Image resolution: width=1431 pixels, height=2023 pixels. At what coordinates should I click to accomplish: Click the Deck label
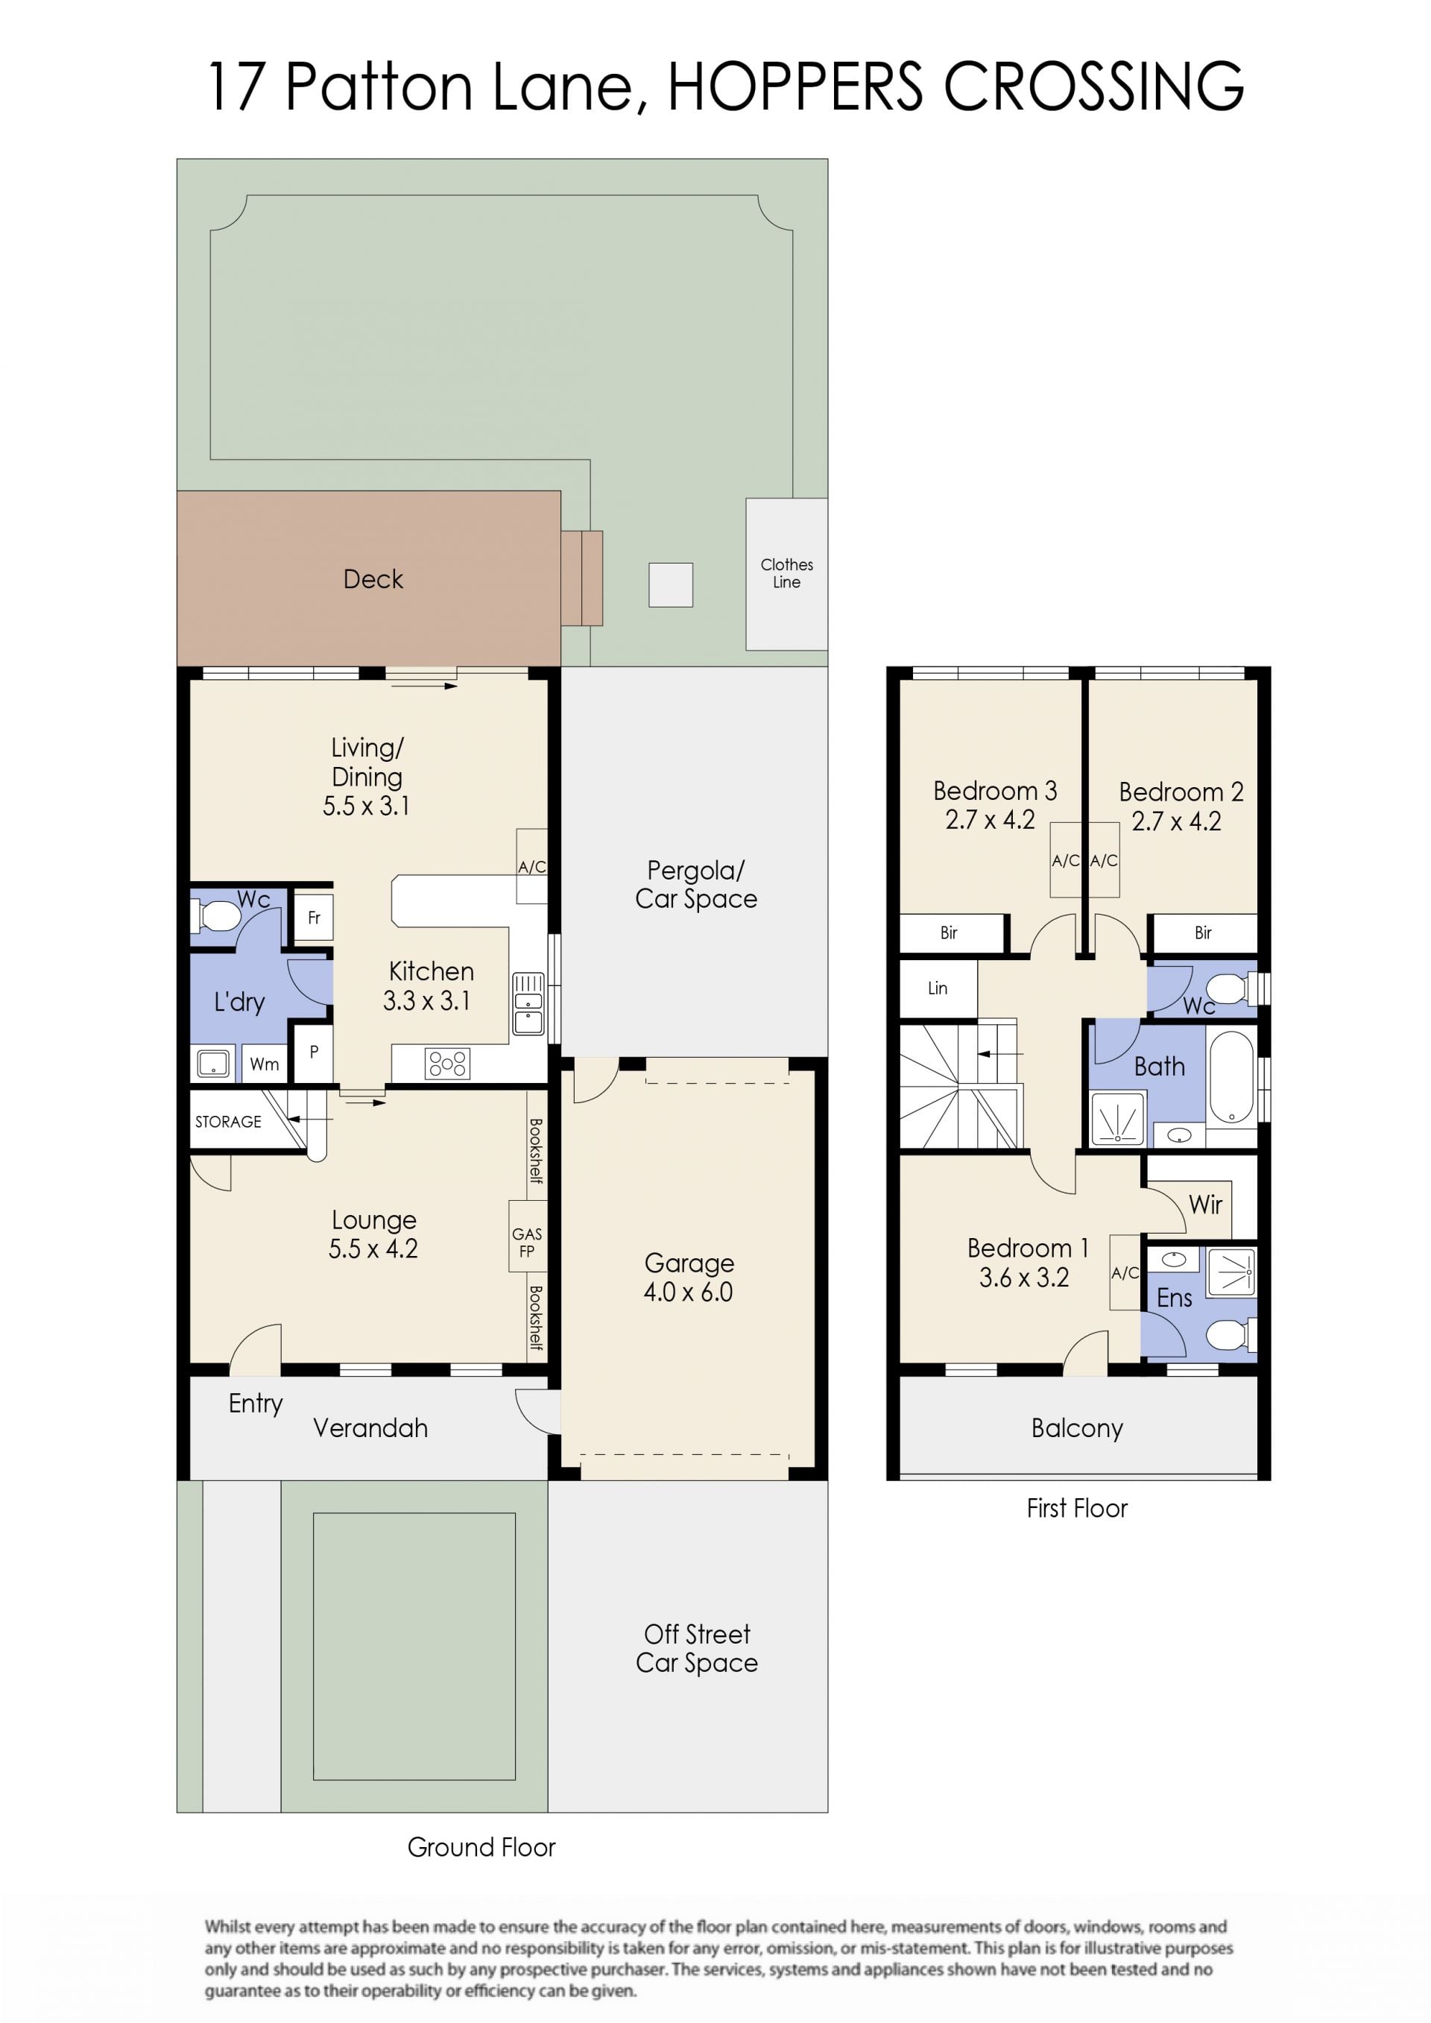[x=373, y=579]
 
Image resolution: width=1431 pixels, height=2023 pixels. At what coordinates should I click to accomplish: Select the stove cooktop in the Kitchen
[x=448, y=1064]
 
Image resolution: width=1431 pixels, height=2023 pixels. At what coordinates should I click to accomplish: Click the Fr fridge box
[x=314, y=918]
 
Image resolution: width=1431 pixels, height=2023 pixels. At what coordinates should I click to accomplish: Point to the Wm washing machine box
[x=265, y=1064]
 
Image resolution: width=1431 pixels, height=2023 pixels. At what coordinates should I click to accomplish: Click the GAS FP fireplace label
[x=527, y=1243]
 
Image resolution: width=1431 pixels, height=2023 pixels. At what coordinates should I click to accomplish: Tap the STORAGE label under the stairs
[x=228, y=1122]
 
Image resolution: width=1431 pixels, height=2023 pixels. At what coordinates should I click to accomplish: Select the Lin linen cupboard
[x=938, y=988]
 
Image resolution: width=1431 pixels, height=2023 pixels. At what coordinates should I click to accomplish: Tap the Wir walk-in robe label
[x=1205, y=1205]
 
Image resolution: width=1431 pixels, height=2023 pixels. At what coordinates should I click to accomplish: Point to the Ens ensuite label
[x=1174, y=1298]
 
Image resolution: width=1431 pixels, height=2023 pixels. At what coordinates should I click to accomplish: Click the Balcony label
[x=1077, y=1428]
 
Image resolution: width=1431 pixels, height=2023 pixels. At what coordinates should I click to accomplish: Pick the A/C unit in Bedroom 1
[x=1125, y=1272]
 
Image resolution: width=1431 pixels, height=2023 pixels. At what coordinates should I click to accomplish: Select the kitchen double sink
[x=528, y=1003]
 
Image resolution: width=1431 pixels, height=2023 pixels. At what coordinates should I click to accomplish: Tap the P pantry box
[x=314, y=1052]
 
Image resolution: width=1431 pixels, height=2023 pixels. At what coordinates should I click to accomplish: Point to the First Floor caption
[x=1077, y=1509]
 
